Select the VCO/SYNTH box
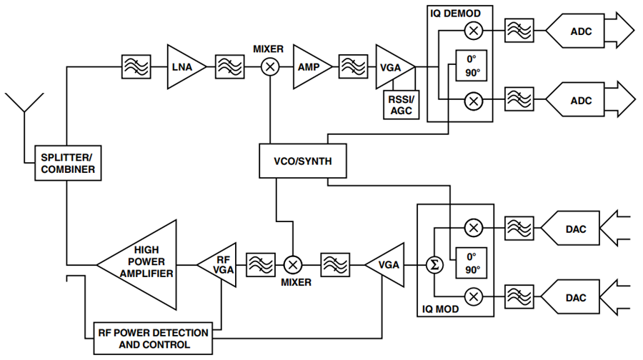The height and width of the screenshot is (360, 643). click(303, 161)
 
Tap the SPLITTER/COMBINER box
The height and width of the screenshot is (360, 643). click(68, 163)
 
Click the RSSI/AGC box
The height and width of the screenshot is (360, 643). click(401, 105)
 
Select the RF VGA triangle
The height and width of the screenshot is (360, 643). click(219, 265)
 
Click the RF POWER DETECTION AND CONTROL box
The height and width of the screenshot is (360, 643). click(153, 339)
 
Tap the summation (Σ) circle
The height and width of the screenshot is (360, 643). click(434, 265)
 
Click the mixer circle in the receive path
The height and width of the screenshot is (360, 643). click(270, 67)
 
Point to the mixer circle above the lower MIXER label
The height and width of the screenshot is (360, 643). click(293, 265)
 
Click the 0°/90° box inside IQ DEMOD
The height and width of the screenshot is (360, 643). click(472, 66)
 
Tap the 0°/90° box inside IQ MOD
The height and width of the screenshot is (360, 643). click(472, 263)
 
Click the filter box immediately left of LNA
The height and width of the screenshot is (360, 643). click(136, 67)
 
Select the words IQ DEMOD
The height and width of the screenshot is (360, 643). click(455, 14)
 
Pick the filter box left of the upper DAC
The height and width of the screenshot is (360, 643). click(519, 229)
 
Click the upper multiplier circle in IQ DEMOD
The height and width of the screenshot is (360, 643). click(474, 31)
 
